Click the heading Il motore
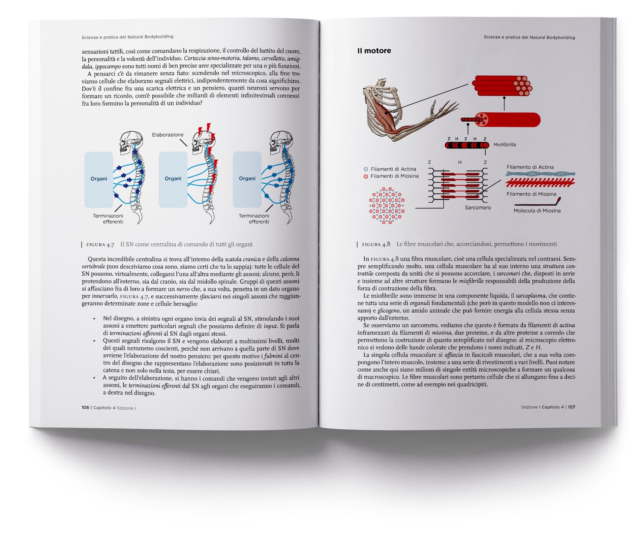tap(374, 51)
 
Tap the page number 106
tap(85, 408)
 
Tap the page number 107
tap(571, 407)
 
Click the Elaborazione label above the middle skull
tap(167, 135)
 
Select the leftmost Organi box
tap(99, 179)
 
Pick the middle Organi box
tap(173, 179)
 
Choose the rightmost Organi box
tap(247, 179)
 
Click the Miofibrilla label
tap(504, 145)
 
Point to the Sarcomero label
tap(478, 207)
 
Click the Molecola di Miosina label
tap(537, 211)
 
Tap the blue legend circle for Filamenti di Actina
tap(366, 169)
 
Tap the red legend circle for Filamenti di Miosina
tap(366, 176)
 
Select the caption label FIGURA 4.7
tap(100, 245)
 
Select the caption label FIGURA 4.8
tap(376, 244)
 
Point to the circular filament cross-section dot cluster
tap(387, 206)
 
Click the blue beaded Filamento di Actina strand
tap(540, 174)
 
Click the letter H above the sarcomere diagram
tap(460, 162)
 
